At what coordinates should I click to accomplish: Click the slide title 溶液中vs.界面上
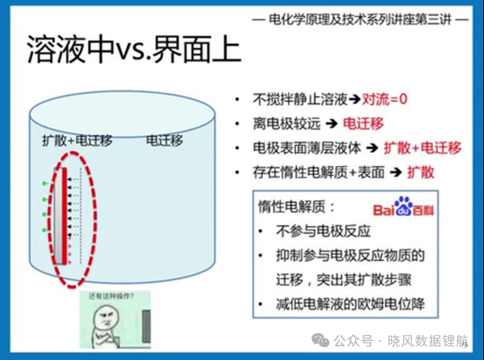click(134, 50)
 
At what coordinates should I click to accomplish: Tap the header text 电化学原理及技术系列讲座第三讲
click(360, 20)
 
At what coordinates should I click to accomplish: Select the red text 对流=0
click(385, 99)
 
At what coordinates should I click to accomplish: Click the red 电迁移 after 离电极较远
click(363, 123)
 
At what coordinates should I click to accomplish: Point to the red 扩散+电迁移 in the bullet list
click(422, 148)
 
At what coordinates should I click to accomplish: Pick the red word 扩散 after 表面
click(421, 172)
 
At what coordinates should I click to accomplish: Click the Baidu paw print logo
click(403, 206)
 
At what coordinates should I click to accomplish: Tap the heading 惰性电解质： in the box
click(296, 207)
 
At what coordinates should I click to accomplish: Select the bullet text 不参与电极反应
click(323, 231)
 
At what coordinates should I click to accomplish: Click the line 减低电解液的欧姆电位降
click(350, 304)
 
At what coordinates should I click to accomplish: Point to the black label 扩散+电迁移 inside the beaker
click(78, 140)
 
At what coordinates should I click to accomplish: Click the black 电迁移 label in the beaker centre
click(164, 140)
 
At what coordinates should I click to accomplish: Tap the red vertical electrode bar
click(65, 216)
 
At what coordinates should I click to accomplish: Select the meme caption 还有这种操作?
click(111, 296)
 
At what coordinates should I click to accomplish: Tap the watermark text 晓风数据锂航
click(428, 341)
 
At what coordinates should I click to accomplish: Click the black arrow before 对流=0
click(355, 100)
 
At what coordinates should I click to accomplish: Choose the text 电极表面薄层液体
click(307, 148)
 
